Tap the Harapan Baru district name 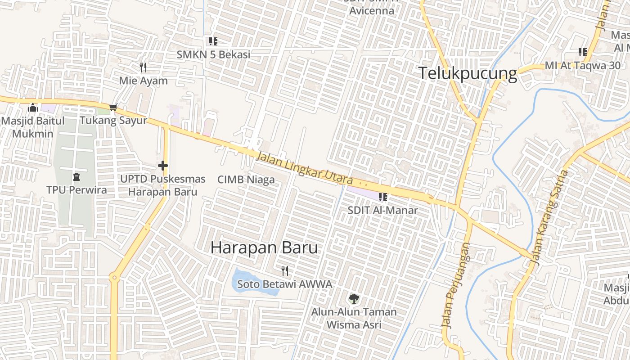point(264,247)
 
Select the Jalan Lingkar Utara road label point(305,169)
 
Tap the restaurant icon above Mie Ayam point(143,67)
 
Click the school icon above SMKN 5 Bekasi point(213,41)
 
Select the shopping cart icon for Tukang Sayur point(113,108)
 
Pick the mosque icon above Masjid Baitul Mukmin point(32,108)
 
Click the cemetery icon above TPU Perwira point(76,176)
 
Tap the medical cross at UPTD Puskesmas point(162,166)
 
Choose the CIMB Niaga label point(246,180)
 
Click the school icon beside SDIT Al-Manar point(383,197)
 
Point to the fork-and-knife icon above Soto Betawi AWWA point(284,270)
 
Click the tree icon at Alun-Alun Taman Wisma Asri point(354,298)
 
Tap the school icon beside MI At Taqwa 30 point(583,52)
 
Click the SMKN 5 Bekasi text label point(213,54)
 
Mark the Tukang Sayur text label point(113,121)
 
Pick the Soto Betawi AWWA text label point(284,284)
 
